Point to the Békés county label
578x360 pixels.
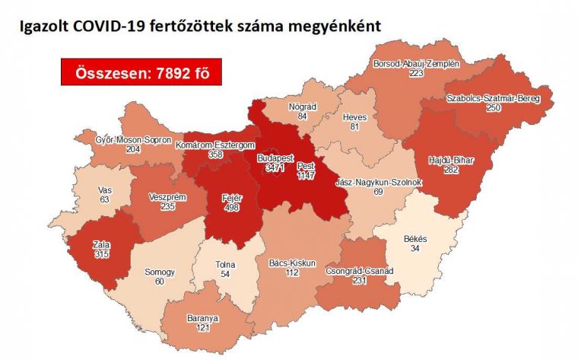click(x=416, y=239)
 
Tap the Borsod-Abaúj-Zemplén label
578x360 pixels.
click(x=415, y=64)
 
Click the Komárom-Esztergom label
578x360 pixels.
click(x=214, y=145)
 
